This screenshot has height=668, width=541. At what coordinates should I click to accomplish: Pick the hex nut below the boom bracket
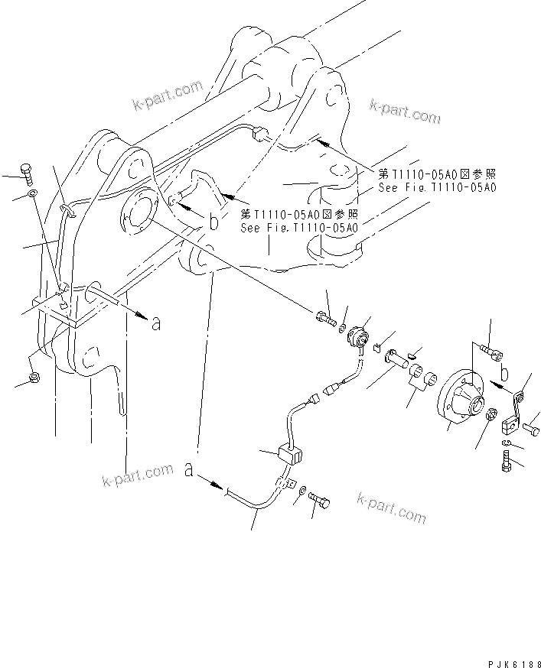tap(34, 378)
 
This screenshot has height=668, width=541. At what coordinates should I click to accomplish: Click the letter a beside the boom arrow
tap(157, 324)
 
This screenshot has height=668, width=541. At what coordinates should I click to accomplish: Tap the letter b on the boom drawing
tap(215, 223)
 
